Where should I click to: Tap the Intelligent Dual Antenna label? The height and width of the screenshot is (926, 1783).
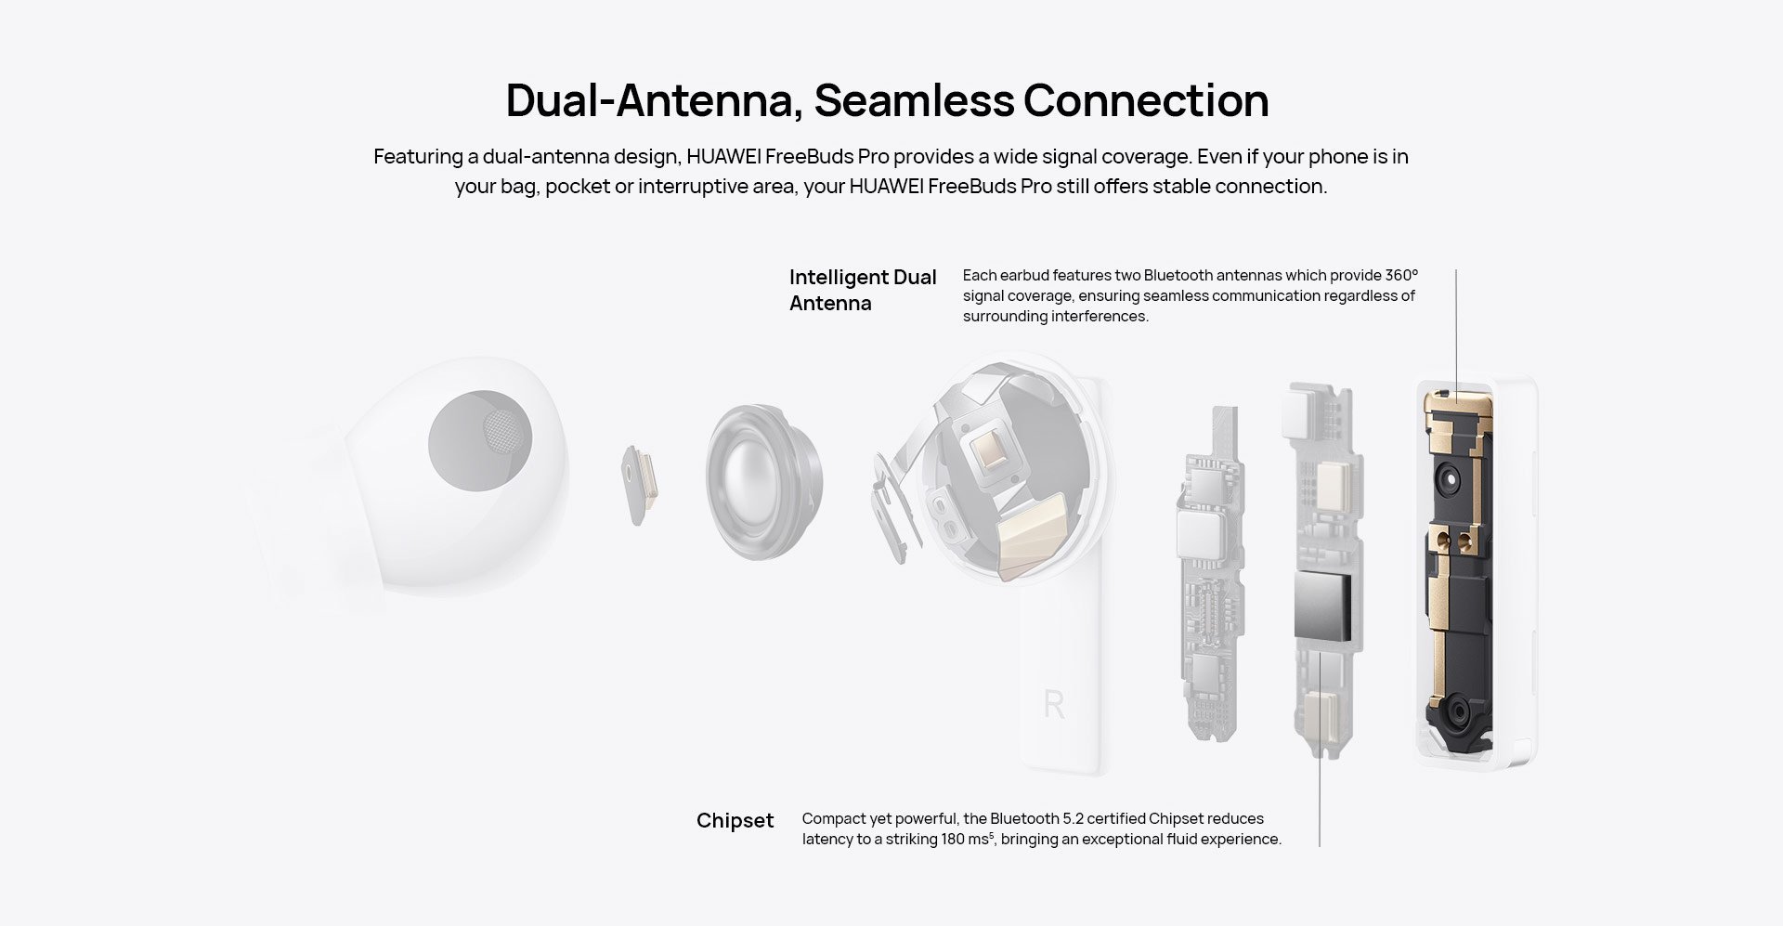coord(863,290)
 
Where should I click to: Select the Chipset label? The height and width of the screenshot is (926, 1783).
coord(735,821)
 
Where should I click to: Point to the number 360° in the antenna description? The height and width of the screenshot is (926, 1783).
coord(1401,275)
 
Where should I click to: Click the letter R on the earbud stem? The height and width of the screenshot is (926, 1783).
coord(1054,705)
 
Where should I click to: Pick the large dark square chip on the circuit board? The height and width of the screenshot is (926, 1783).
coord(1323,606)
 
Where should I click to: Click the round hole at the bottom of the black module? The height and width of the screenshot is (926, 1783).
coord(1458,713)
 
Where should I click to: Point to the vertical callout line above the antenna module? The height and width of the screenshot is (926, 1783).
coord(1456,334)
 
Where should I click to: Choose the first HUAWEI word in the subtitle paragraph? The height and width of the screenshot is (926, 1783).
coord(724,156)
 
